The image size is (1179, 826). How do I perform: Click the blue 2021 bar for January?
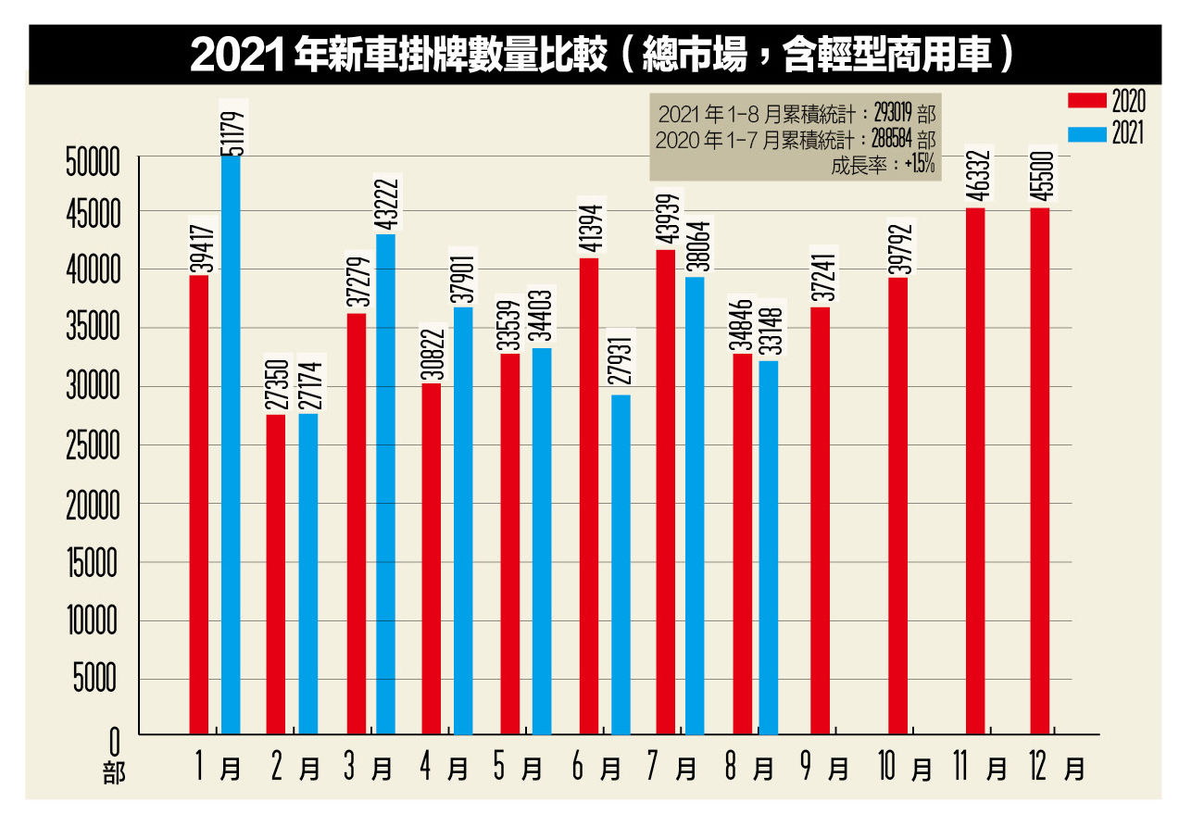(231, 444)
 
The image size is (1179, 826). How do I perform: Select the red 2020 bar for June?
(588, 496)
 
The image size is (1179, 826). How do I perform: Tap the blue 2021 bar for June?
(621, 565)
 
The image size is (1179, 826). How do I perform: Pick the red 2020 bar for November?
(975, 471)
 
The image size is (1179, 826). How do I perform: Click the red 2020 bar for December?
(1040, 471)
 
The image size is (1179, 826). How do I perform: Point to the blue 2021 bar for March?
(385, 484)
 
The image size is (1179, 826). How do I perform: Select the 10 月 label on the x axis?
(906, 768)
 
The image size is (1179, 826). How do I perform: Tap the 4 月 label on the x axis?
(443, 768)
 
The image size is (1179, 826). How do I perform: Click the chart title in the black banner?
(593, 55)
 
